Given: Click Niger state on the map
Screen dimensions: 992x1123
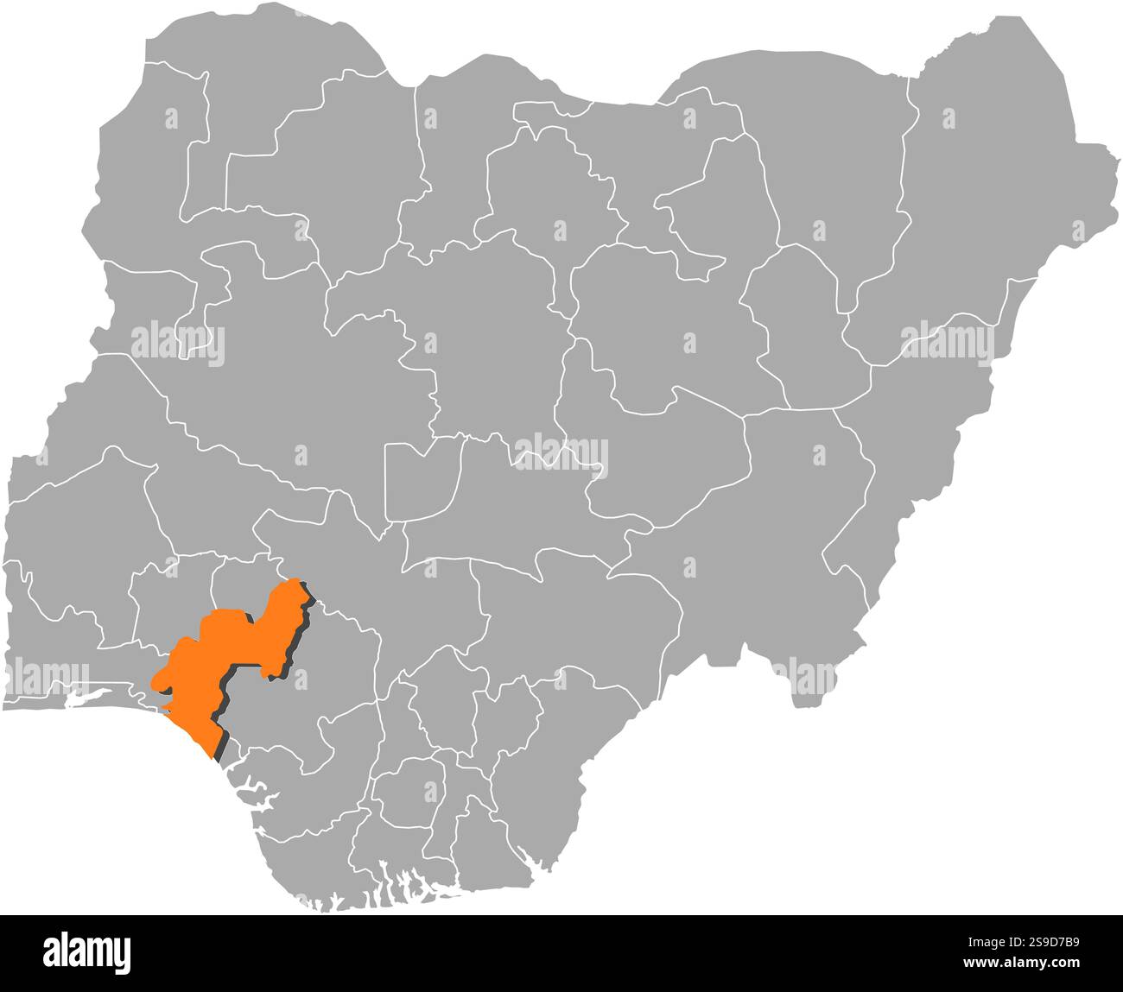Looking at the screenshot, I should [285, 389].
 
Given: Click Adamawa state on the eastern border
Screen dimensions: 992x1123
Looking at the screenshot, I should [924, 432].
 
